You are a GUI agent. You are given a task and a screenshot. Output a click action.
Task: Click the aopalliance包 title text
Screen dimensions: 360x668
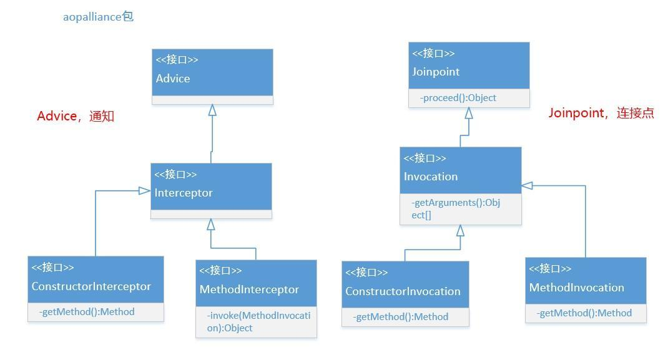[x=98, y=17]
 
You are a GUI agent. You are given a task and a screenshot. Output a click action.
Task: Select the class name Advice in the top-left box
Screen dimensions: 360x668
[x=173, y=79]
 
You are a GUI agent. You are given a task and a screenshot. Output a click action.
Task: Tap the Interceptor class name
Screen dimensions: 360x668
[x=184, y=193]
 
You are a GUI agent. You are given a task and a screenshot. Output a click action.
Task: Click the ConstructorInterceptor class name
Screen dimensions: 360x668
[x=91, y=286]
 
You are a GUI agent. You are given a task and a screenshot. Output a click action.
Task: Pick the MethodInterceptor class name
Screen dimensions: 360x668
[x=249, y=289]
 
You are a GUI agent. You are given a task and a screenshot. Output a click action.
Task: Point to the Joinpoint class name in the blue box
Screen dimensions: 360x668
[x=436, y=72]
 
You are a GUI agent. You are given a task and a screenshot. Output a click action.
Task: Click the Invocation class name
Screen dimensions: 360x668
[x=431, y=177]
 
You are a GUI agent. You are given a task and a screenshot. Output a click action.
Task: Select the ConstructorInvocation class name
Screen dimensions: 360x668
[x=403, y=291]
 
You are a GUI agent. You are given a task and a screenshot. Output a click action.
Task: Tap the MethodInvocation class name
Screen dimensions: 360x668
[x=576, y=288]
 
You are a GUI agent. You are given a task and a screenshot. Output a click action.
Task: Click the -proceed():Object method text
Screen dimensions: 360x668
[x=458, y=98]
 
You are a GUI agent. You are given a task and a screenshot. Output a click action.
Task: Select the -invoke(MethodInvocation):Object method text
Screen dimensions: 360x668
[x=258, y=321]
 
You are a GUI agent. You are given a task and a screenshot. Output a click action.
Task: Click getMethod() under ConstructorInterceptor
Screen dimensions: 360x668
[x=87, y=312]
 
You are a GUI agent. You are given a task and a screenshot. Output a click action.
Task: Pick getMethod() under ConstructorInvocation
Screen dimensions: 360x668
[x=401, y=317]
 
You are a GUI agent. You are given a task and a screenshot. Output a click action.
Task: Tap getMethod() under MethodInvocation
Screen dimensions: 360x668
[x=584, y=313]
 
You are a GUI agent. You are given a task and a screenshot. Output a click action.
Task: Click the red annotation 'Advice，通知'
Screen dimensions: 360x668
[x=76, y=117]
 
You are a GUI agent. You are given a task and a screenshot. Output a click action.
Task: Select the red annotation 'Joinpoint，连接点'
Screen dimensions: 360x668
[x=601, y=114]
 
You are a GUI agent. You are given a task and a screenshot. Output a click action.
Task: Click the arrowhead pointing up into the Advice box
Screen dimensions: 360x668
[x=212, y=110]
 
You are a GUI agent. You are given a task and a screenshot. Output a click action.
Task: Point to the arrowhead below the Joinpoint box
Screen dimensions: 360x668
[x=468, y=113]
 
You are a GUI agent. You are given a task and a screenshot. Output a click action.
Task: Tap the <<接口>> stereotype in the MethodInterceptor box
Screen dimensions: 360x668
[x=220, y=270]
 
